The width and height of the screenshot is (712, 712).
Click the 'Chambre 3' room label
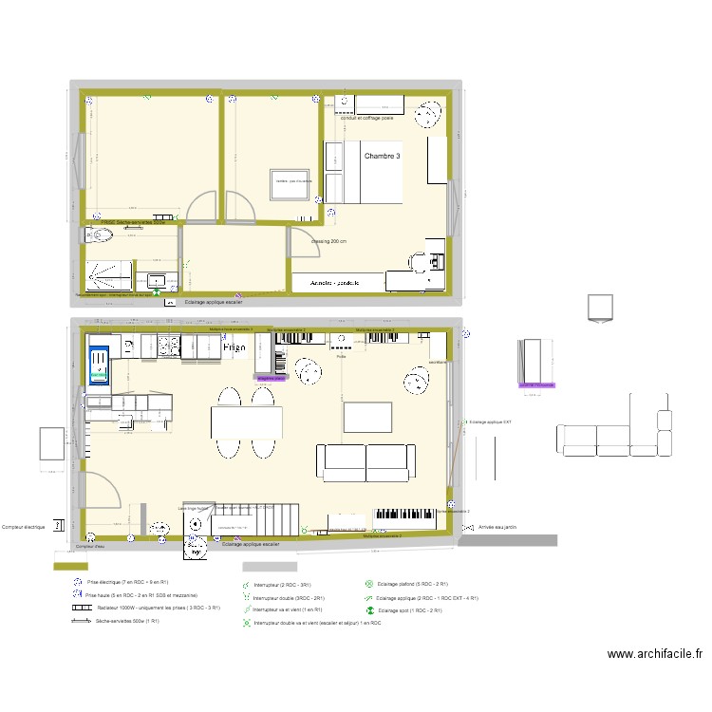tap(383, 157)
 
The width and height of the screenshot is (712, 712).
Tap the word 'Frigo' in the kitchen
tap(234, 348)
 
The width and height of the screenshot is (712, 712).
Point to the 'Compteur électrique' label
tap(26, 527)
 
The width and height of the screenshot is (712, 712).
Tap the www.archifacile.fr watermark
tap(655, 653)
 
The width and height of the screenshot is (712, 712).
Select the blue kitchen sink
tap(98, 365)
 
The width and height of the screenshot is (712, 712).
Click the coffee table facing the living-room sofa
tap(367, 417)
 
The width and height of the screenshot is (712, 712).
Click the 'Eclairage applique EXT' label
tap(491, 422)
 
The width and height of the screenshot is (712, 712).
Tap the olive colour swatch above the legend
tap(66, 566)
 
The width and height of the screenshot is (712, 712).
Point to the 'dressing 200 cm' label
tap(329, 241)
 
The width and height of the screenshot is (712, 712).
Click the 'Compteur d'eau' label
tap(90, 547)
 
